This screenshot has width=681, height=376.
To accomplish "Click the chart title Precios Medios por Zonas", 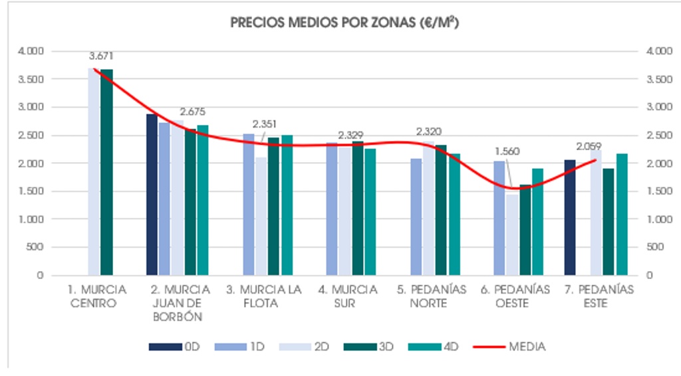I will click(x=345, y=23).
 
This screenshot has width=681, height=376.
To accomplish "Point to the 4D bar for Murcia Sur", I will click(x=370, y=212).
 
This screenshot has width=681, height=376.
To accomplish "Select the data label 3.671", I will click(x=101, y=56).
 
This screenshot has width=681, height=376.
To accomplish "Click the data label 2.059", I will click(x=589, y=146).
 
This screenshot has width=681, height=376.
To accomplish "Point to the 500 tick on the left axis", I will click(x=35, y=247).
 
